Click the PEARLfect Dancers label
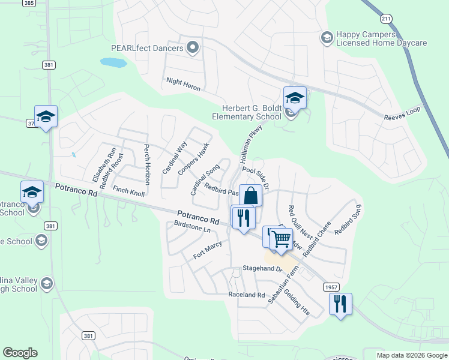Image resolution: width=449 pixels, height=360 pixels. [146, 47]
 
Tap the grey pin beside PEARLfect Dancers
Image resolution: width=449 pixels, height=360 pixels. [193, 47]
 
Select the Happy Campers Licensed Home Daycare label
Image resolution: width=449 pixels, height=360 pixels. [381, 39]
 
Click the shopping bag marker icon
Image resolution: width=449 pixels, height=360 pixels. [250, 196]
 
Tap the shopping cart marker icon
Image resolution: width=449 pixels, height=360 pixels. [280, 239]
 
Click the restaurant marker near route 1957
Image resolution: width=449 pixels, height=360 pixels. [340, 304]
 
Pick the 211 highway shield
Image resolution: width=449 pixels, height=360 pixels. [387, 19]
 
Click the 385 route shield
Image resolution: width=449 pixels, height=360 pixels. [29, 3]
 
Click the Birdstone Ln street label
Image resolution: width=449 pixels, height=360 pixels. [192, 229]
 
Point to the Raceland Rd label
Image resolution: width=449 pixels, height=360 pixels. [246, 295]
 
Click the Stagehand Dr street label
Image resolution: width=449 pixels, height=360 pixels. [262, 268]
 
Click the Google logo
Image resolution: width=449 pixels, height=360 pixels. [20, 353]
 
